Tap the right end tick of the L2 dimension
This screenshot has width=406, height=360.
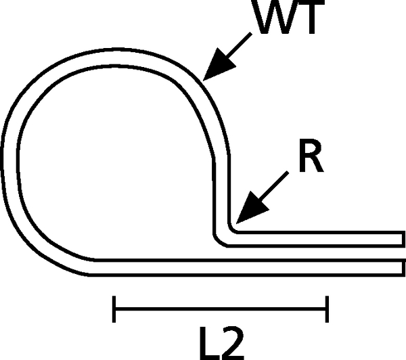pos(328,309)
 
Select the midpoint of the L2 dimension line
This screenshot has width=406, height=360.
pos(221,309)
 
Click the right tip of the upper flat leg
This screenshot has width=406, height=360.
pos(403,238)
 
